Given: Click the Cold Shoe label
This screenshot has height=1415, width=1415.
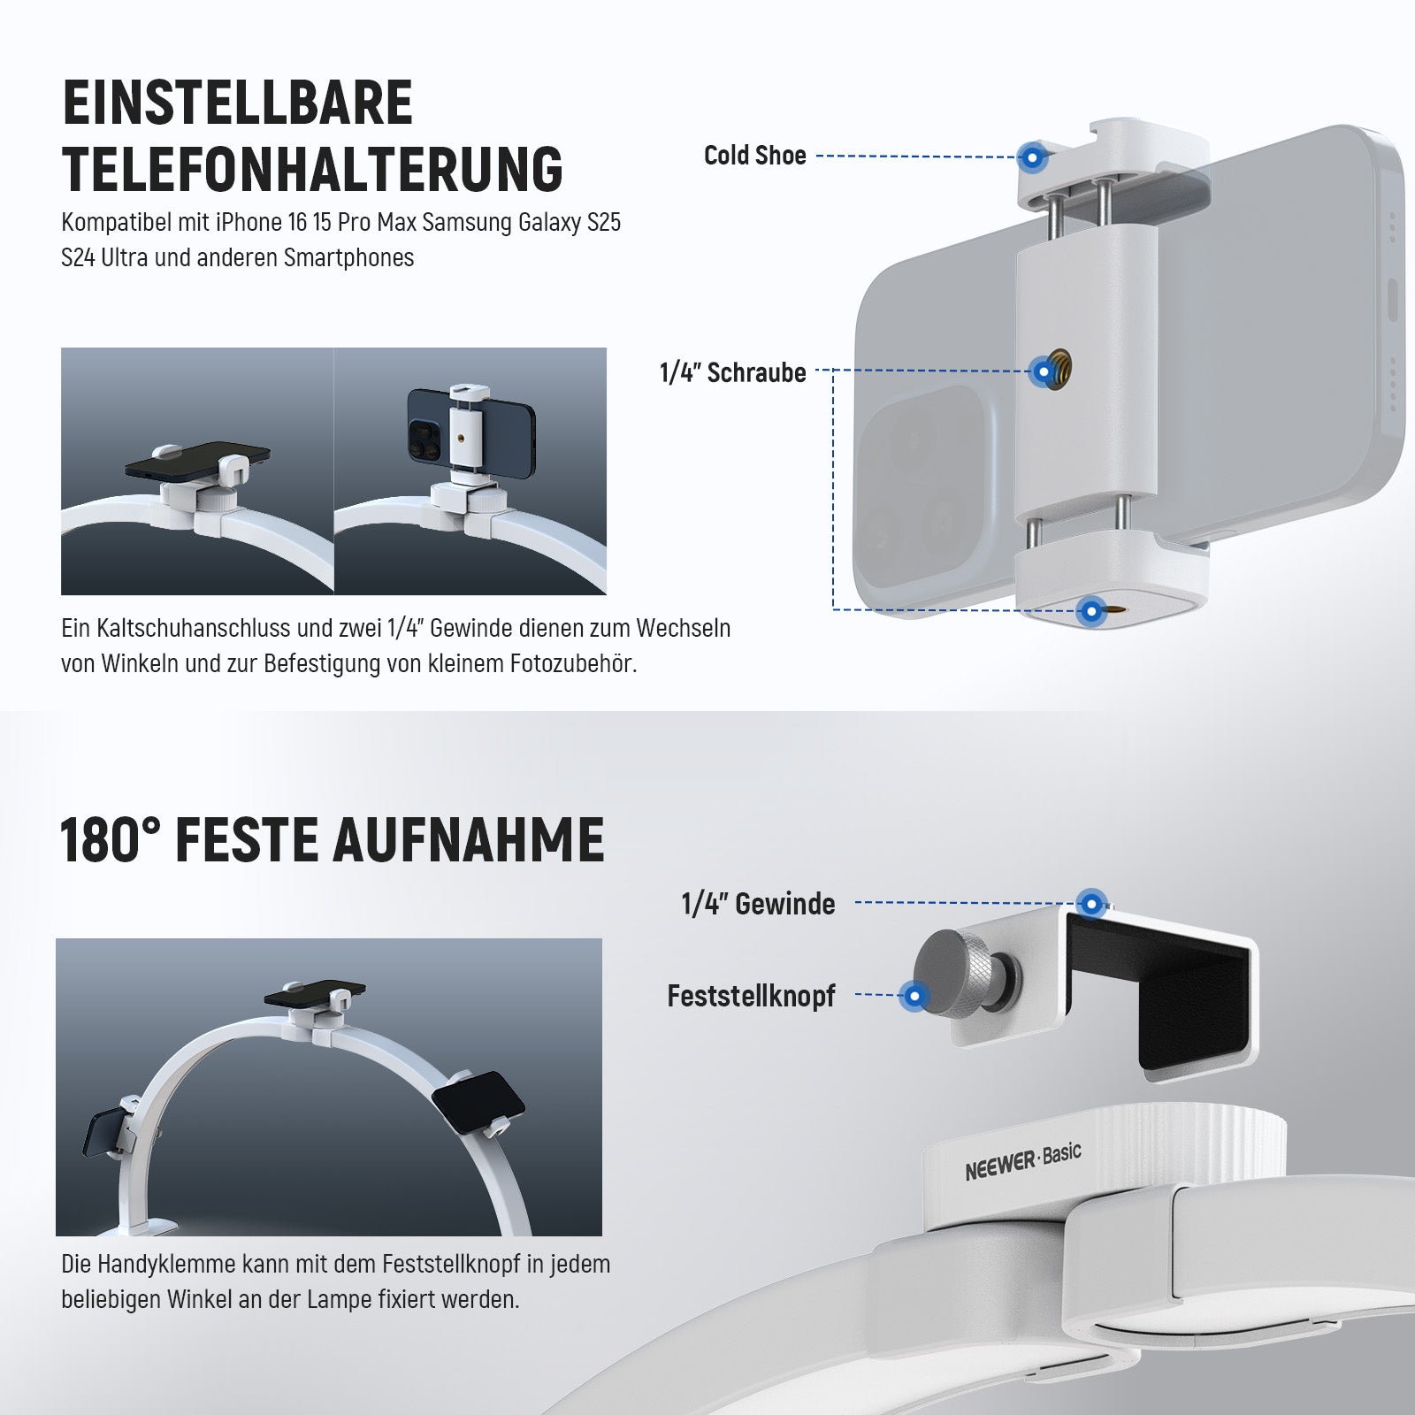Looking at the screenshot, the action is click(x=754, y=156).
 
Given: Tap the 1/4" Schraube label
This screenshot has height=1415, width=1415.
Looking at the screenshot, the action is click(x=733, y=372).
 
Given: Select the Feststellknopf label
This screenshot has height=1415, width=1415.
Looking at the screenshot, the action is click(x=751, y=996).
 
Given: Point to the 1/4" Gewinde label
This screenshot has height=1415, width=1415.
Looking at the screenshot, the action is click(x=758, y=904).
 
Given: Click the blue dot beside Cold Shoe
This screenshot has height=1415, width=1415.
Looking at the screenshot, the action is click(x=1031, y=157).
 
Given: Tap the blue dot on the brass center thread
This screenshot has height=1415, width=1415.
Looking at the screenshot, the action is click(x=1044, y=371).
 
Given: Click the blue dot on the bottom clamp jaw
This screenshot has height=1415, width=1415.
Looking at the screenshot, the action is click(x=1091, y=610).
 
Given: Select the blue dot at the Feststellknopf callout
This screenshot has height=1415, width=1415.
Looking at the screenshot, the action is click(x=914, y=997).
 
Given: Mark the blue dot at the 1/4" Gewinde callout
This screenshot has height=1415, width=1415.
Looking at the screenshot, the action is click(x=1093, y=904).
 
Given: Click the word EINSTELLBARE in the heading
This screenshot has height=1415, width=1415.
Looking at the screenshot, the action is click(x=238, y=103).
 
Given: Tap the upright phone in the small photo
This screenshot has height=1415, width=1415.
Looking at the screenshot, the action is click(x=470, y=427).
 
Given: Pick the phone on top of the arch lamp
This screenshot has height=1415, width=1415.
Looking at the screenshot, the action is click(x=315, y=997).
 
